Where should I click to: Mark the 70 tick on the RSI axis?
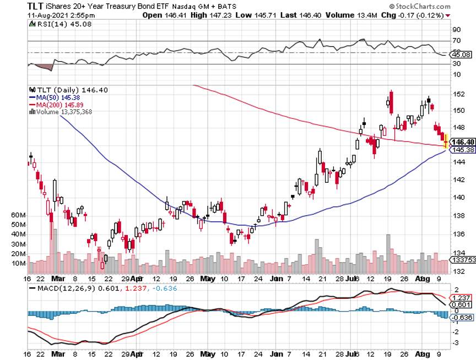point(456,41)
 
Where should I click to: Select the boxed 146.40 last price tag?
point(462,141)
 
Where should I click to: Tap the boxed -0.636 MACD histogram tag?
point(462,317)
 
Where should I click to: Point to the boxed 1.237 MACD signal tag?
point(462,297)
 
